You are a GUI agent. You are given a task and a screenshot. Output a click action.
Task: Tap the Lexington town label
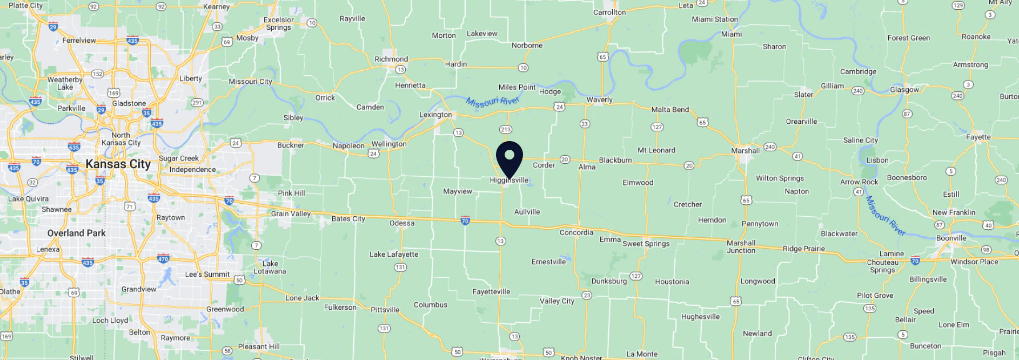point(435,115)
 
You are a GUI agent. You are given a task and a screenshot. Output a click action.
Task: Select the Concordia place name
point(576,232)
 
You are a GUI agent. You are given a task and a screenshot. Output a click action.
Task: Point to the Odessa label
point(402,223)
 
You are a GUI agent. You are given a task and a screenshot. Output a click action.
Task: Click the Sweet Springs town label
point(646,244)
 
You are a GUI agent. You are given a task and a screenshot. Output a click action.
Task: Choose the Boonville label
point(951,238)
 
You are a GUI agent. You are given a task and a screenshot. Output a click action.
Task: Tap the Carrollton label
point(609,12)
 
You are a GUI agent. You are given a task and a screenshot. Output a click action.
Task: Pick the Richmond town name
point(391,59)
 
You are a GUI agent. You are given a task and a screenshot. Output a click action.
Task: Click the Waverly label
point(600,100)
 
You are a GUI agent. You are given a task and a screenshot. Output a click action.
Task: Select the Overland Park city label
point(76,233)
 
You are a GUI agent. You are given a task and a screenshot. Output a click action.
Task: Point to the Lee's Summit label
point(207,275)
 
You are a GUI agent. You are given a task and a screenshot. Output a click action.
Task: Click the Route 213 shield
point(506,130)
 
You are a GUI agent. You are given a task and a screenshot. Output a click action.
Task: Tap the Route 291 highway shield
point(197,103)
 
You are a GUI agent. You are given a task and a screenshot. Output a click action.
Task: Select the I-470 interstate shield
point(163,258)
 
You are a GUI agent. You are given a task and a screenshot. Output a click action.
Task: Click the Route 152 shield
point(97,74)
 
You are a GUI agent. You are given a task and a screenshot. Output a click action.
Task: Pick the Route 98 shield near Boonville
point(986,250)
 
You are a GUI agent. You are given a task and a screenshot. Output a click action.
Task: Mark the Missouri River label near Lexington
point(492,102)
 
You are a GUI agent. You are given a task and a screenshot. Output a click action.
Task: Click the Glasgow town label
point(904,90)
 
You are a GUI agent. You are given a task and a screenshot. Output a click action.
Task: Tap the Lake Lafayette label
point(394,255)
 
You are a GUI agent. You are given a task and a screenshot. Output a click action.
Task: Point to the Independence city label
point(192,170)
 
